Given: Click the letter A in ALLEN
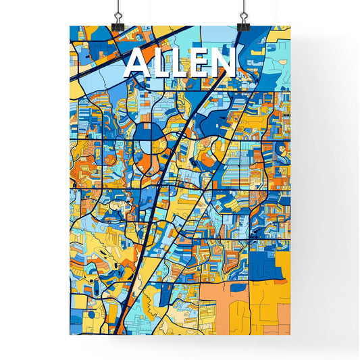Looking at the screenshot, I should click(x=138, y=63).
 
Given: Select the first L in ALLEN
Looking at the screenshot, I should click(x=162, y=63).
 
